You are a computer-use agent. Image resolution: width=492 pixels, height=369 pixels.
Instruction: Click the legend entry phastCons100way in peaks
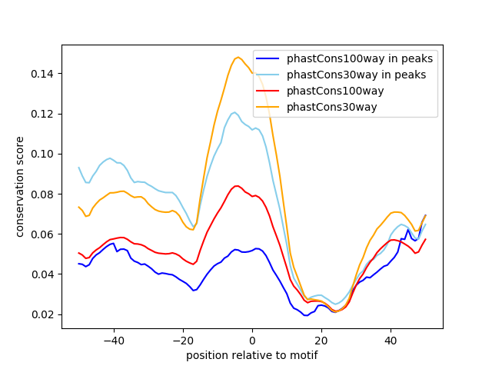360,58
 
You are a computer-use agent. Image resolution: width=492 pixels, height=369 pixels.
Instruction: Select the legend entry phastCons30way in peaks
358,75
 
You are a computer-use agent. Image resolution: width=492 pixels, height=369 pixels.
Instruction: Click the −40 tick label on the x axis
113,340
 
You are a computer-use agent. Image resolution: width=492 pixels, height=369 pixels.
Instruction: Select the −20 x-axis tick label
182,340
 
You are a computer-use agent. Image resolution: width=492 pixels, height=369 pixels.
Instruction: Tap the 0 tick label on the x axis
252,340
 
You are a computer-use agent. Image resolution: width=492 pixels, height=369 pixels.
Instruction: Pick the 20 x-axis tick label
321,340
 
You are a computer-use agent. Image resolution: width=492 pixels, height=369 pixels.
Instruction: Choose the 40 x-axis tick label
391,340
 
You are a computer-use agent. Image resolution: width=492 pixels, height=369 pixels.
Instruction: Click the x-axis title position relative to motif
251,355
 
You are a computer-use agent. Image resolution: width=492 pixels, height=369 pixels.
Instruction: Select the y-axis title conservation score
21,186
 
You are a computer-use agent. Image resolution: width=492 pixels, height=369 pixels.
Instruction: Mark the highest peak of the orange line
238,57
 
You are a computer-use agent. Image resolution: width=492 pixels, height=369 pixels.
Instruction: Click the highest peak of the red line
237,185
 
